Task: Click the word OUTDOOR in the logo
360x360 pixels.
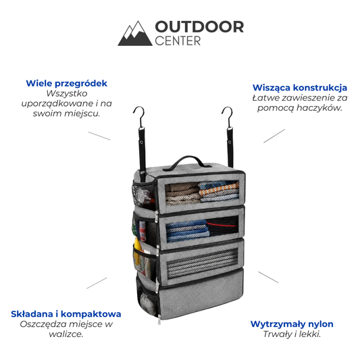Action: (x=199, y=27)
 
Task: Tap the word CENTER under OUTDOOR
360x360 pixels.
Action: (x=178, y=41)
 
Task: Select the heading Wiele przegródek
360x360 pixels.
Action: (x=67, y=83)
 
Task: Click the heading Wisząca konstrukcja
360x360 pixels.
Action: (x=300, y=88)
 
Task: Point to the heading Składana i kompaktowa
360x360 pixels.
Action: (x=66, y=314)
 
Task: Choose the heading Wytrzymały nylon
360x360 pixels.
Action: (x=292, y=324)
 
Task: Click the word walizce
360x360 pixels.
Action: (x=66, y=334)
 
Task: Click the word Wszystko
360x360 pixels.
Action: (x=67, y=93)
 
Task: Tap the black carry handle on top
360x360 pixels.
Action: (x=186, y=161)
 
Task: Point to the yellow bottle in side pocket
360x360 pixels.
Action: (x=137, y=251)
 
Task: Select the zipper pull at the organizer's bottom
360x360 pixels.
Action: (x=159, y=319)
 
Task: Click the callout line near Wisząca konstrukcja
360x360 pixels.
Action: (x=274, y=136)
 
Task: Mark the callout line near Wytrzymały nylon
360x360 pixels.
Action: (x=268, y=277)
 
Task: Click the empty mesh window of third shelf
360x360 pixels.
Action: (x=202, y=263)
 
